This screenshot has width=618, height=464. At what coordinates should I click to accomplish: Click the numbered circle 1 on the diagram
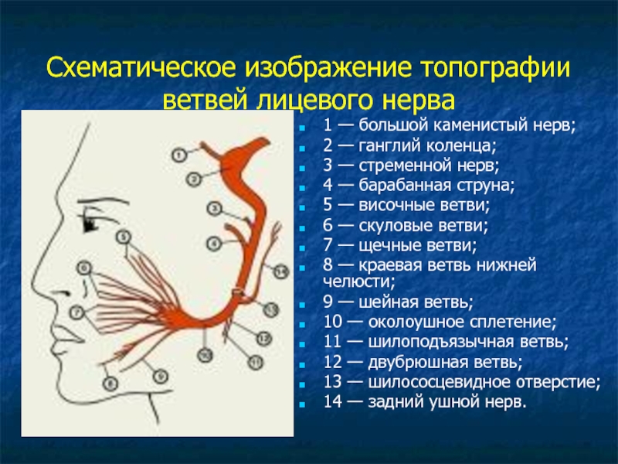[179, 155]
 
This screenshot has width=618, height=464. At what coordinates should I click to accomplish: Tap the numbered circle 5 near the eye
[124, 237]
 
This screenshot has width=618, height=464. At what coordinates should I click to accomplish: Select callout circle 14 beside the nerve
[280, 271]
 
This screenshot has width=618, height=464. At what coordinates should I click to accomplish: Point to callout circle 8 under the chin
[110, 383]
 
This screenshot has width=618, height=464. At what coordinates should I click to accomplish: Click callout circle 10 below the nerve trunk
[205, 355]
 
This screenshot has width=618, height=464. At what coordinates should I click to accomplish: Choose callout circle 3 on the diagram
[215, 208]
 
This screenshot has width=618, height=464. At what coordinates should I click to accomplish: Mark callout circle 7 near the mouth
[76, 312]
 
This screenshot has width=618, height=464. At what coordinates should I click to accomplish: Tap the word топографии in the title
[496, 68]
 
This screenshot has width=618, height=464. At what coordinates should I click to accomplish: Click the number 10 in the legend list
[333, 322]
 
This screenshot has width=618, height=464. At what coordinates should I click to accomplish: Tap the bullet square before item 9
[302, 305]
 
